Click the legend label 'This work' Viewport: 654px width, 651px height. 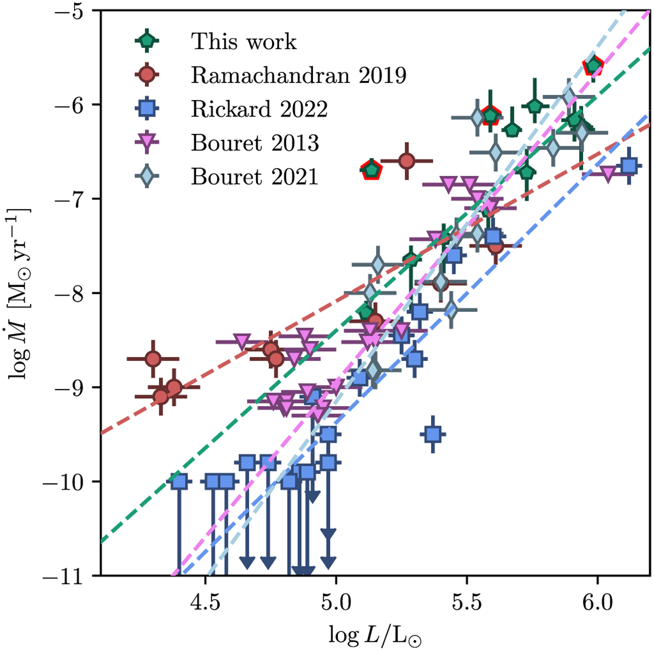pos(244,42)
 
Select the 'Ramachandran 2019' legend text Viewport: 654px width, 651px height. pos(299,76)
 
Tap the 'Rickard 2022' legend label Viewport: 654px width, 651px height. pos(259,109)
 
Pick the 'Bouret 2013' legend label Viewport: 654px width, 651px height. pos(255,143)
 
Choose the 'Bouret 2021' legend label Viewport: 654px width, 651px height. pos(254,177)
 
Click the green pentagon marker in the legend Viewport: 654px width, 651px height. pos(147,41)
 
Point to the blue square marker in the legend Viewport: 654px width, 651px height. pos(147,109)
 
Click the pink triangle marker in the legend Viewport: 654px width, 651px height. pos(147,143)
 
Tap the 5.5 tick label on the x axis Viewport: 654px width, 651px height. pos(467,603)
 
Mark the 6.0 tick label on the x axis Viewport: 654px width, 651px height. pos(597,603)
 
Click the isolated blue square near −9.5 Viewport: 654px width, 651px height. pos(433,434)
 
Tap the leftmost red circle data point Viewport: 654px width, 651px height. pos(153,359)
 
